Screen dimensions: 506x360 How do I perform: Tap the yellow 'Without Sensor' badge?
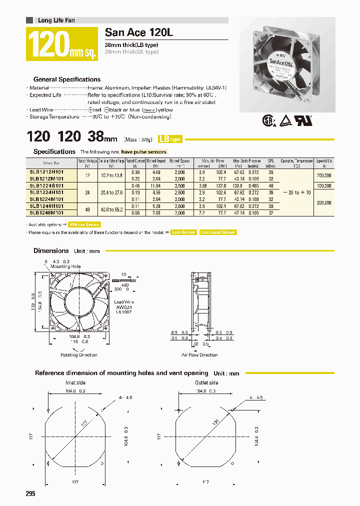[x=84, y=225]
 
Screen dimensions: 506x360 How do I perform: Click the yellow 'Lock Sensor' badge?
[x=183, y=232]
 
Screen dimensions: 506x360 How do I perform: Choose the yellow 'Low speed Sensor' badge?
[x=218, y=232]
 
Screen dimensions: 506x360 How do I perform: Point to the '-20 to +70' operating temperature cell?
[x=296, y=192]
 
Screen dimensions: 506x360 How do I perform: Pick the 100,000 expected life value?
[x=323, y=185]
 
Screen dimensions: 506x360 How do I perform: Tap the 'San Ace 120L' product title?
[x=131, y=33]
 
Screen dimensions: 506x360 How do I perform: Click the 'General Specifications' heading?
[x=66, y=79]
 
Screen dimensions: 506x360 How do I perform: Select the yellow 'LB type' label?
[x=170, y=139]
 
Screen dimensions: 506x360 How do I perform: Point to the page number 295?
[x=30, y=493]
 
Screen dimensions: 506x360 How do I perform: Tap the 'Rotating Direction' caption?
[x=78, y=355]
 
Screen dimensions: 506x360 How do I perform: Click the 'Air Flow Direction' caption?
[x=199, y=355]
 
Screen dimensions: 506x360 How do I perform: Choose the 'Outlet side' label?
[x=206, y=382]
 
